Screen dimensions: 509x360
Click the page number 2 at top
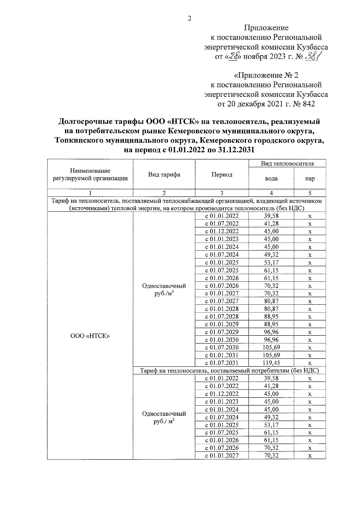pyautogui.click(x=189, y=19)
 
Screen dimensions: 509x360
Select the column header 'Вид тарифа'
pyautogui.click(x=164, y=175)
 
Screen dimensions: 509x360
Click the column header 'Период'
pyautogui.click(x=222, y=175)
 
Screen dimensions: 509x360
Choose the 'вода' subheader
pyautogui.click(x=271, y=179)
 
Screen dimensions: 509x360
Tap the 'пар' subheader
pyautogui.click(x=310, y=179)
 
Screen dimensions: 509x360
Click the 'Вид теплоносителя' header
pyautogui.click(x=287, y=164)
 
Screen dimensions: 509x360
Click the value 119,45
pyautogui.click(x=271, y=363)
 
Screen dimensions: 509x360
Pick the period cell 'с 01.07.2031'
pyautogui.click(x=222, y=363)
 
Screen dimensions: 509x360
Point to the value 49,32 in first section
pyautogui.click(x=271, y=255)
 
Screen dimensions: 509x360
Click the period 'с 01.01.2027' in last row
pyautogui.click(x=222, y=456)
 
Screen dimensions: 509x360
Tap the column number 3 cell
pyautogui.click(x=222, y=193)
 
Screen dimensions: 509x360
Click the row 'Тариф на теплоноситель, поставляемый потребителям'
pyautogui.click(x=229, y=371)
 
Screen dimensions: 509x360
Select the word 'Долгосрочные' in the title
pyautogui.click(x=86, y=122)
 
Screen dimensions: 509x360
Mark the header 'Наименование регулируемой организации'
pyautogui.click(x=90, y=175)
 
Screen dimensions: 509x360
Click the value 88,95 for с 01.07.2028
pyautogui.click(x=271, y=317)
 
